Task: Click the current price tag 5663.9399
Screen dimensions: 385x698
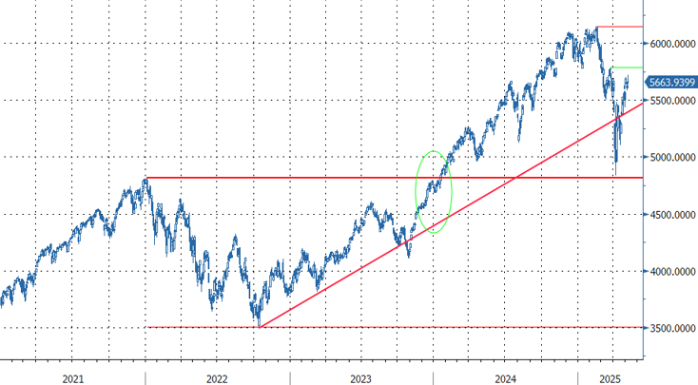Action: pyautogui.click(x=671, y=83)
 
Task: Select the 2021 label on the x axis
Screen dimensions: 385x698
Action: pyautogui.click(x=72, y=378)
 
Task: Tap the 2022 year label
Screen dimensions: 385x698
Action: pyautogui.click(x=216, y=378)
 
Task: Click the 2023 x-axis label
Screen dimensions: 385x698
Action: pyautogui.click(x=360, y=378)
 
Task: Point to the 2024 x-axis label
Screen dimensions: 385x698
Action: pyautogui.click(x=505, y=378)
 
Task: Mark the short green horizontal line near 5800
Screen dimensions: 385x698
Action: pyautogui.click(x=627, y=67)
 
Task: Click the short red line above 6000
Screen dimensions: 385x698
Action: pyautogui.click(x=619, y=27)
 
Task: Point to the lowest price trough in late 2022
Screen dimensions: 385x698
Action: pyautogui.click(x=257, y=326)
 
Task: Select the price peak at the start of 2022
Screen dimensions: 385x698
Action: pyautogui.click(x=145, y=178)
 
